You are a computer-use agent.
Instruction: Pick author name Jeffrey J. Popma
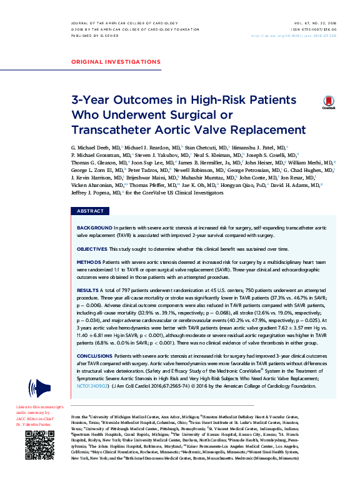(90, 193)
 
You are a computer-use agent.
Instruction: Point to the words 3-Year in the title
(92, 100)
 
